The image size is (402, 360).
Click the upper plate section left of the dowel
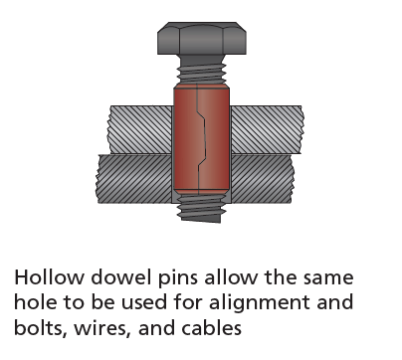pyautogui.click(x=133, y=123)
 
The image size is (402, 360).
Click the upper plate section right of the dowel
pyautogui.click(x=265, y=123)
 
